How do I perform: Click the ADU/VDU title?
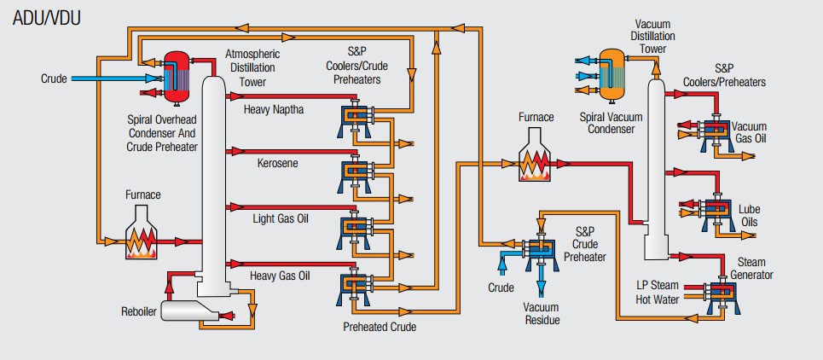(x=47, y=17)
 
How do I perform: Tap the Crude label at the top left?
(x=54, y=78)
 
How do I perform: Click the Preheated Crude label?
(x=380, y=326)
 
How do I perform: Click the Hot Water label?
(x=657, y=299)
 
